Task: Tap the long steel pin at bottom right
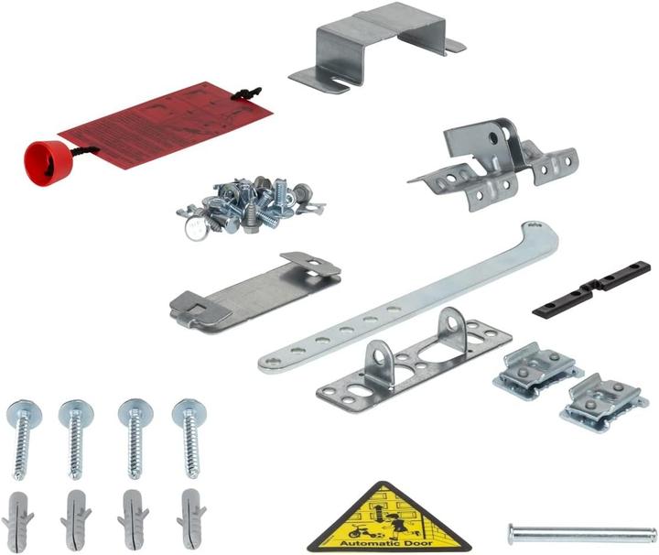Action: click(581, 532)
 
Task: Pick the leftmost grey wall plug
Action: click(18, 517)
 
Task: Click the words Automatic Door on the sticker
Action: click(387, 541)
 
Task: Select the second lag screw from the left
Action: click(76, 440)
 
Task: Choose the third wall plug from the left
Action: click(134, 517)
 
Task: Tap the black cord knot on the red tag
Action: click(245, 93)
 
